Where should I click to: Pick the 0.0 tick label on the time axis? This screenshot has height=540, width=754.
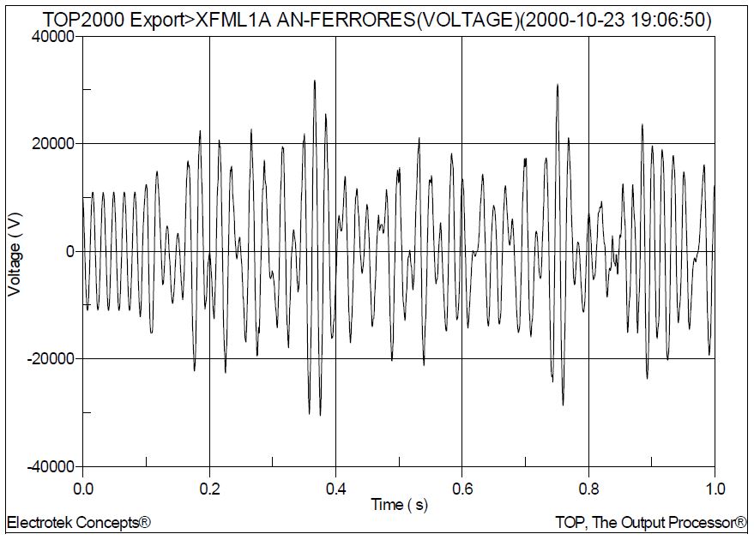(83, 489)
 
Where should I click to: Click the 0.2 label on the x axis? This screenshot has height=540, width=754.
(209, 489)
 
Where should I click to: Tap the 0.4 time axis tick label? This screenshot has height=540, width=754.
(335, 489)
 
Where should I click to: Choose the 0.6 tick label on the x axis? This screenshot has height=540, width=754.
(462, 489)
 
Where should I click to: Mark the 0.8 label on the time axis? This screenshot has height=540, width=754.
(588, 489)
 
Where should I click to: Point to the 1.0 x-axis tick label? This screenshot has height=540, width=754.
(715, 489)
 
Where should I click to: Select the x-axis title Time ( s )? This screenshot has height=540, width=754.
(399, 505)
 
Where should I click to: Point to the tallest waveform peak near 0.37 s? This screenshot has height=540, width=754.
(315, 81)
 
